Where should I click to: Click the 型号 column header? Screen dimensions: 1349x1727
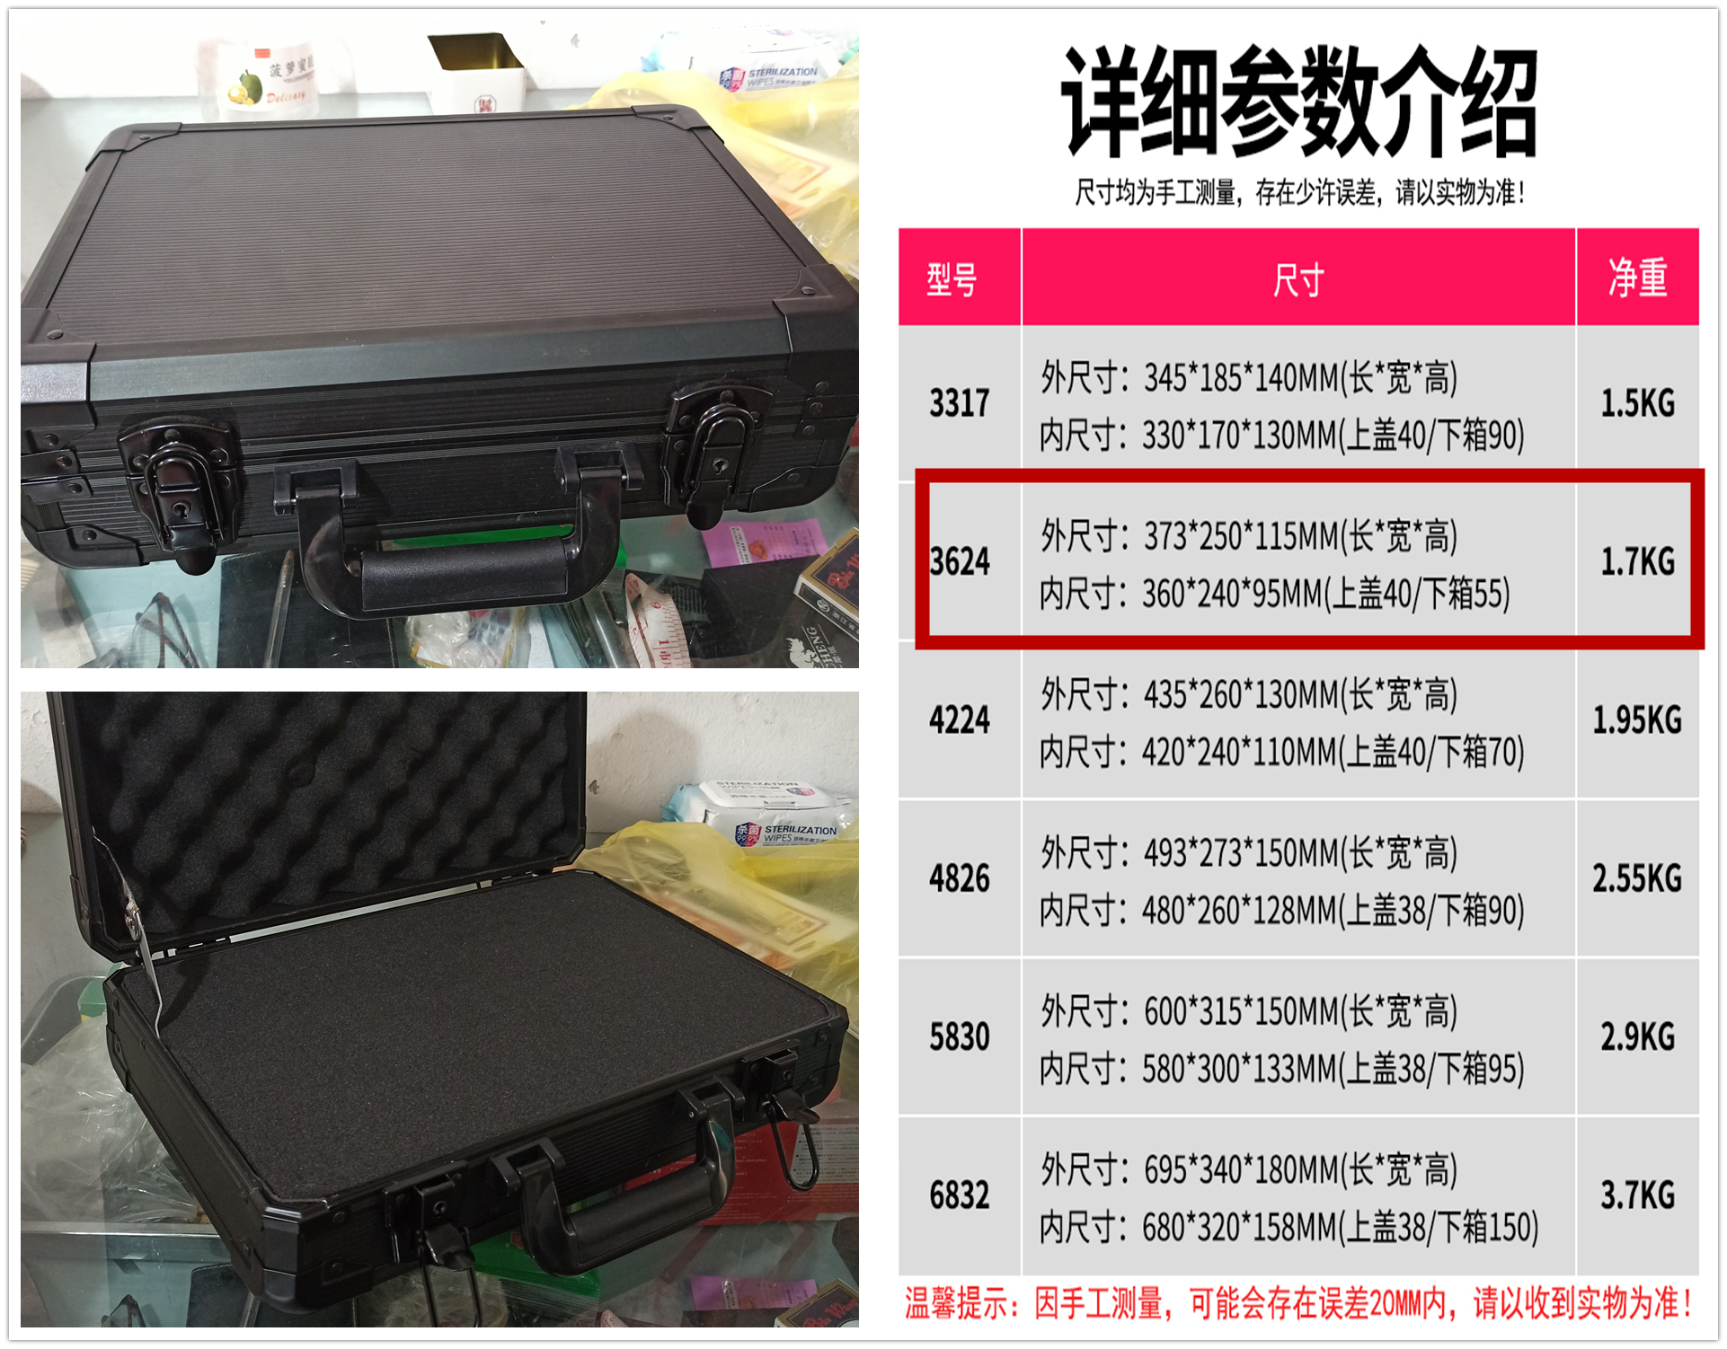tap(952, 279)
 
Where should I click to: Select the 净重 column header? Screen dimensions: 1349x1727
tap(1637, 278)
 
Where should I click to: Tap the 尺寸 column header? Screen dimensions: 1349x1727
tap(1297, 279)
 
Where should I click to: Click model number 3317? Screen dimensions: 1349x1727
tap(959, 403)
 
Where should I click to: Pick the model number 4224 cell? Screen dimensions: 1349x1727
tap(959, 720)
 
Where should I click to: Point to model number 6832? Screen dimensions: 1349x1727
tap(959, 1195)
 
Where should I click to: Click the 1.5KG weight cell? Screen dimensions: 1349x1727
tap(1637, 403)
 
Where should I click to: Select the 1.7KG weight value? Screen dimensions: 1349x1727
tap(1637, 562)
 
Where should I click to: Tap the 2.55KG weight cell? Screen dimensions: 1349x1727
tap(1637, 878)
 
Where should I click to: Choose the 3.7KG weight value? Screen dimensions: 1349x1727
tap(1637, 1195)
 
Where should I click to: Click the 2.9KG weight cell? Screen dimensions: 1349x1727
tap(1637, 1037)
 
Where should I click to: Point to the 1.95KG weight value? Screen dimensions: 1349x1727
tap(1637, 720)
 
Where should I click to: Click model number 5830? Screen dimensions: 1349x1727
tap(959, 1037)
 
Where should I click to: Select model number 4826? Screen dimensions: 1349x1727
tap(959, 878)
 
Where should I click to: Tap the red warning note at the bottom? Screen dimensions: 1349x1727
tap(1297, 1303)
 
